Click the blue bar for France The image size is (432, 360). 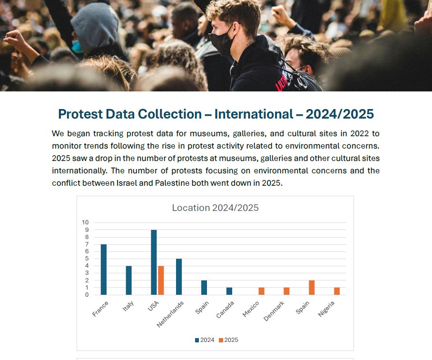click(x=103, y=270)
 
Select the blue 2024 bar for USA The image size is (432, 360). click(x=154, y=262)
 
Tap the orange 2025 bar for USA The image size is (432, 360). click(x=161, y=280)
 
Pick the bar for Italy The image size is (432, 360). click(x=128, y=280)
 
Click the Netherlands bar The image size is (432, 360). click(x=179, y=277)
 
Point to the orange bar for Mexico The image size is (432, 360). click(x=261, y=291)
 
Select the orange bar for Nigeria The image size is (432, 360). click(x=337, y=291)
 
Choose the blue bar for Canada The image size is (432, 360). click(x=229, y=291)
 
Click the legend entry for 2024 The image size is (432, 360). click(x=204, y=340)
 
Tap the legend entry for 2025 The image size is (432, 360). click(x=228, y=340)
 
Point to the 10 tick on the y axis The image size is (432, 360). click(x=85, y=222)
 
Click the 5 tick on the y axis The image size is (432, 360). click(x=86, y=259)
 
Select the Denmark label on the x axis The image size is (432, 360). click(x=275, y=310)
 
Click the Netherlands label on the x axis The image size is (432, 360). click(x=170, y=314)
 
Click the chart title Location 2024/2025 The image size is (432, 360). click(x=215, y=208)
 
